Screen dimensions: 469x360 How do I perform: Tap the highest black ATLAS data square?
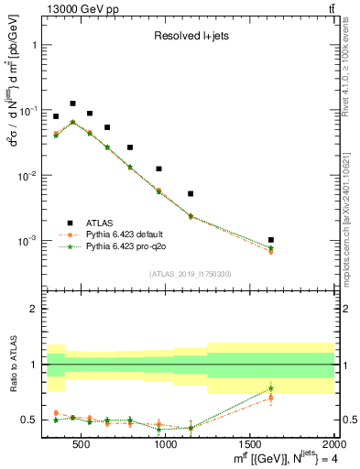72,104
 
